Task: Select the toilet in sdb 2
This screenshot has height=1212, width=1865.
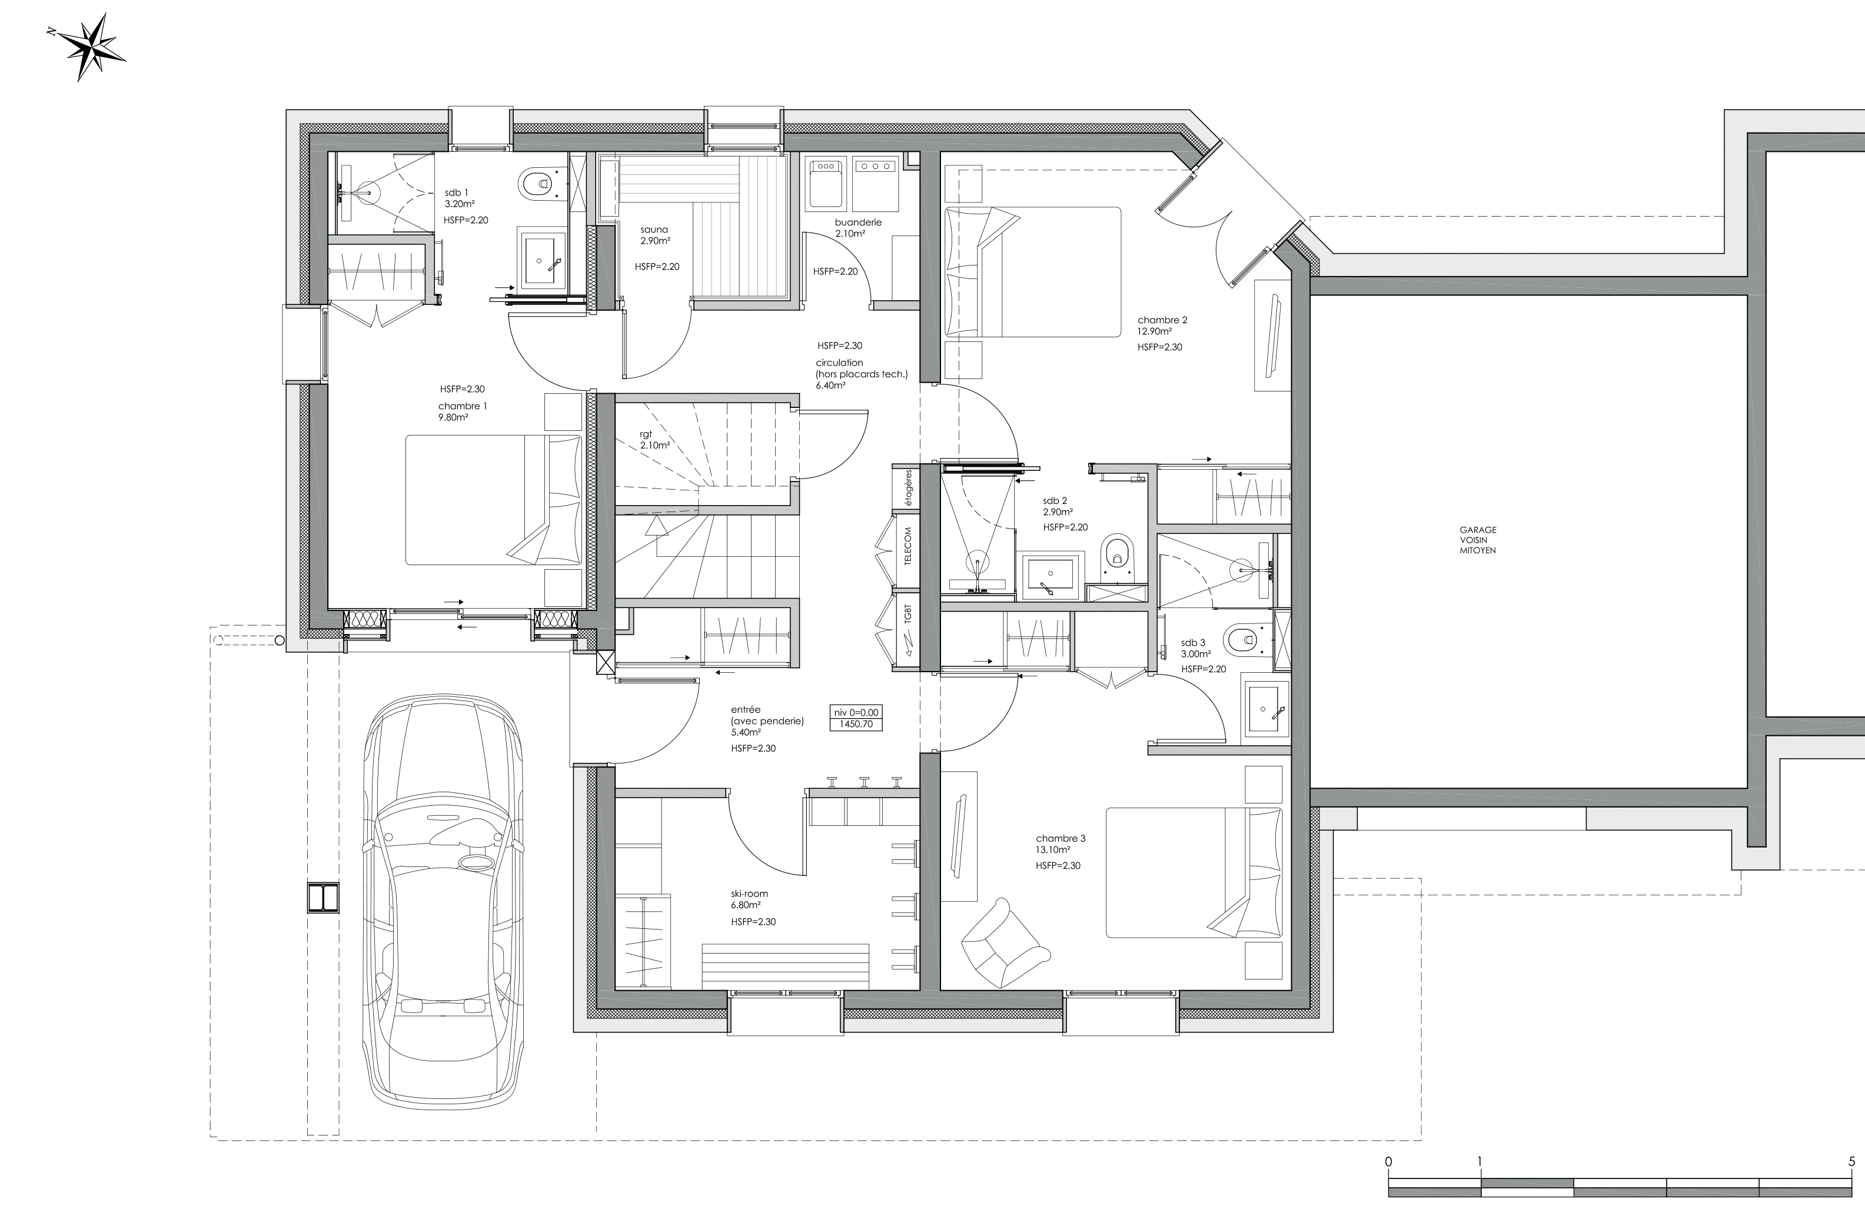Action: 1116,555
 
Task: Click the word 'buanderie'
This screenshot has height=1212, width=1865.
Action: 858,223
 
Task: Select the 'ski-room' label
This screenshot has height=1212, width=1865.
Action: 749,894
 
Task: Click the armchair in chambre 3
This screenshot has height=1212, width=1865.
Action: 1005,944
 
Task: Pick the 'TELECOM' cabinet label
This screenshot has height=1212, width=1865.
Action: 907,546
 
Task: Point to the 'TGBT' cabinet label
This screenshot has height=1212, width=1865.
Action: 907,613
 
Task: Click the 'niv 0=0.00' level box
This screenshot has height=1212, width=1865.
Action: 856,718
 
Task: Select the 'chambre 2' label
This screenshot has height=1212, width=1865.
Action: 1163,320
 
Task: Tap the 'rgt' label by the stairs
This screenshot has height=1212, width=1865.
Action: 646,434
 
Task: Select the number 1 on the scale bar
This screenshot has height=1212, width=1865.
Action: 1480,1161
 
